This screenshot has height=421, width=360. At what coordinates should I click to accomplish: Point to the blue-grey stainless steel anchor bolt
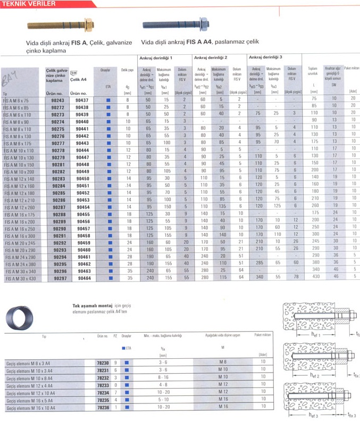point(176,24)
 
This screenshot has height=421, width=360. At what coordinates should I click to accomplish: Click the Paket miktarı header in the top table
point(351,69)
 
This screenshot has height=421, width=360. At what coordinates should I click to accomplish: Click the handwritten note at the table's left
point(10,80)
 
